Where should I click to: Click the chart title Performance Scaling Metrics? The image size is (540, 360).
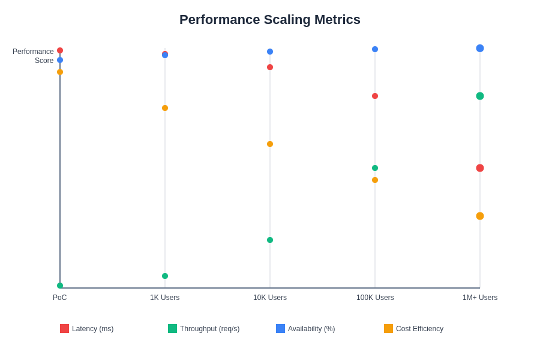click(x=270, y=20)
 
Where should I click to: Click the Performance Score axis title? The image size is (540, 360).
click(x=33, y=56)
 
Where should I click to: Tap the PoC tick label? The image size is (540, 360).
click(x=60, y=298)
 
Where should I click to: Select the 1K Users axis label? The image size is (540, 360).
click(x=165, y=298)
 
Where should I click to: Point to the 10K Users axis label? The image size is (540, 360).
click(x=270, y=298)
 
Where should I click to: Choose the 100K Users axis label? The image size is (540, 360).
click(x=375, y=298)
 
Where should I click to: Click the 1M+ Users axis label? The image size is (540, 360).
click(x=480, y=298)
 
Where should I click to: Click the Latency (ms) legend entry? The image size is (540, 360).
click(x=87, y=329)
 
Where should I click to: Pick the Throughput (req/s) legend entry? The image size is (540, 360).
click(x=204, y=329)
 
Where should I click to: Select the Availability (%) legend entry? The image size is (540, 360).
click(x=306, y=329)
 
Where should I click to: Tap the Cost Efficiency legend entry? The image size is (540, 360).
click(x=414, y=329)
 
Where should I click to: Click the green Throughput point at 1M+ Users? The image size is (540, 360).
click(x=480, y=96)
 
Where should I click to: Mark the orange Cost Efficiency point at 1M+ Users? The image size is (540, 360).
click(x=480, y=216)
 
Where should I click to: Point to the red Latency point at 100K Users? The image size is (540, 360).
click(x=375, y=96)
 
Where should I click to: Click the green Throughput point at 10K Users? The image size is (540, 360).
click(x=270, y=240)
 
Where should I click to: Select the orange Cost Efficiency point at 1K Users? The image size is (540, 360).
click(x=165, y=108)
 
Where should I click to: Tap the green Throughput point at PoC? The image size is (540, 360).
click(x=60, y=286)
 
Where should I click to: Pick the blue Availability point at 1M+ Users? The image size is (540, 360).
click(x=480, y=48)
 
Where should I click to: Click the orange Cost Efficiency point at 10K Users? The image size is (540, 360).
click(x=270, y=144)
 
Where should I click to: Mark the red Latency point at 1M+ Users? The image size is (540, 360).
click(x=480, y=168)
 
